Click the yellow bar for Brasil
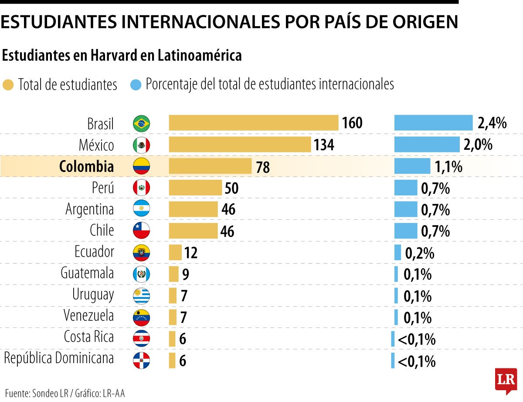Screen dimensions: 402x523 pyautogui.click(x=253, y=123)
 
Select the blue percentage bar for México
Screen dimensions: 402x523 pyautogui.click(x=427, y=144)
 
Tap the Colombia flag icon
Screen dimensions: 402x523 pyautogui.click(x=141, y=166)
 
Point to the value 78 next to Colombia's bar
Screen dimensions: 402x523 pyautogui.click(x=263, y=167)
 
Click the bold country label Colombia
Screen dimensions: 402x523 pyautogui.click(x=86, y=166)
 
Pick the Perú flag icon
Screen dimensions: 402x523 pyautogui.click(x=141, y=188)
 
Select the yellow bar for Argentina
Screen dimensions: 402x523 pyautogui.click(x=193, y=209)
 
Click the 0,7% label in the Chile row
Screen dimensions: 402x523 pyautogui.click(x=435, y=231)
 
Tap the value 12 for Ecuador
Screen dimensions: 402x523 pyautogui.click(x=190, y=252)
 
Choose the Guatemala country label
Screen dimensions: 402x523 pyautogui.click(x=87, y=273)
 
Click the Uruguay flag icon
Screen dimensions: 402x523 pyautogui.click(x=141, y=295)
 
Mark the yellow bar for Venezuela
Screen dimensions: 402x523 pyautogui.click(x=173, y=317)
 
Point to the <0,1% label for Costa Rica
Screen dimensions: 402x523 pyautogui.click(x=416, y=339)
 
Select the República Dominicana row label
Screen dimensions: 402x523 pyautogui.click(x=59, y=359)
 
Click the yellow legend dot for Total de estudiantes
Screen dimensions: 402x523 pyautogui.click(x=8, y=85)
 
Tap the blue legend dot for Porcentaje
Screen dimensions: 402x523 pyautogui.click(x=136, y=85)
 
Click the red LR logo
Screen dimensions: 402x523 pyautogui.click(x=506, y=379)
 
